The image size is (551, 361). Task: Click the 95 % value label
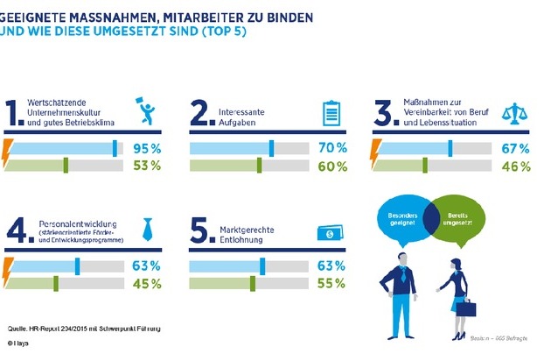(148, 147)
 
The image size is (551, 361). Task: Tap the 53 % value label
(148, 165)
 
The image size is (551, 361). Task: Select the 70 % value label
(333, 147)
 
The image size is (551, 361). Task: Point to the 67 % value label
(516, 147)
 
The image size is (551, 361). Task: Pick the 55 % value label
(333, 283)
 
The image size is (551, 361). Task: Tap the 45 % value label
(148, 283)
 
